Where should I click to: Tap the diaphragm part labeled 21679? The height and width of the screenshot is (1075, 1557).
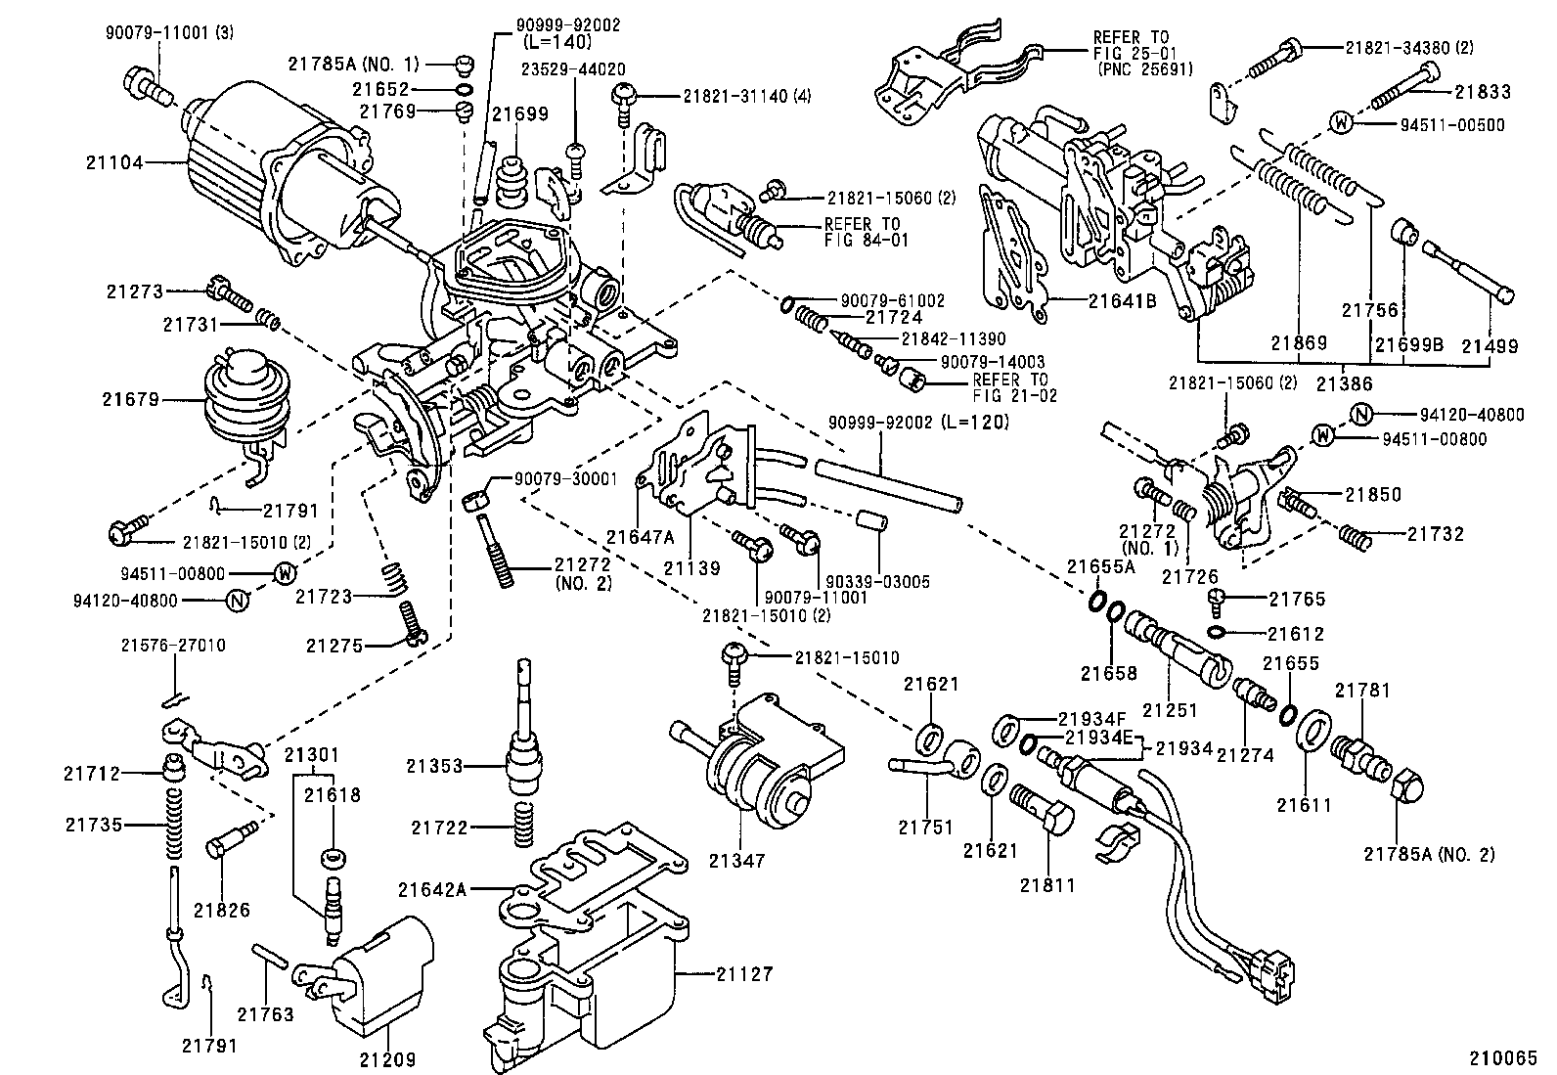coord(238,400)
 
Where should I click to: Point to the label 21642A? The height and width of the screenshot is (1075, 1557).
coord(431,890)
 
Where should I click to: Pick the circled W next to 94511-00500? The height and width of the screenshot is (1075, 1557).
coord(1342,124)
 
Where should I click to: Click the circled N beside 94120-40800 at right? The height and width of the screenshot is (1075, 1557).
coord(1358,415)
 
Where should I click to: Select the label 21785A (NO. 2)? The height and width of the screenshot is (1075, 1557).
coord(1430,854)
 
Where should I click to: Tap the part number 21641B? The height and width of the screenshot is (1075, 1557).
coord(1123,301)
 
